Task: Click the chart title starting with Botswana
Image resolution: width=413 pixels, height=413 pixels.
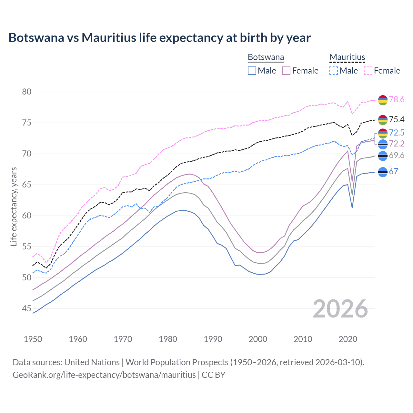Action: (159, 38)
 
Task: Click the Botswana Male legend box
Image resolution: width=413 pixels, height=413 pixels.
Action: (252, 71)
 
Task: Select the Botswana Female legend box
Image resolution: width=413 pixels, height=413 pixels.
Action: (286, 71)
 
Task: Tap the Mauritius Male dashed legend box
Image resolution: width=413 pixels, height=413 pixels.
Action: (334, 71)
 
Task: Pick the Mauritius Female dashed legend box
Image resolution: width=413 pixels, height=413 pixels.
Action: (368, 71)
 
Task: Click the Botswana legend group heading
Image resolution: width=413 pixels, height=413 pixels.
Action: (266, 57)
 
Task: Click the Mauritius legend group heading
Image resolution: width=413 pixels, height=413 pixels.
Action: (347, 57)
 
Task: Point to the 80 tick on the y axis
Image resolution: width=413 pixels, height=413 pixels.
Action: (27, 92)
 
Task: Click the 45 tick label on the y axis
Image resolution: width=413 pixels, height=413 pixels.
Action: (27, 309)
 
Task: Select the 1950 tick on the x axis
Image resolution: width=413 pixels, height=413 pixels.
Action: (33, 339)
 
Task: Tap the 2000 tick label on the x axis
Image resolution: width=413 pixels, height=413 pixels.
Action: (258, 339)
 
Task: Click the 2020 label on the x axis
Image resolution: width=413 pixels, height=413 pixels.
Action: (348, 339)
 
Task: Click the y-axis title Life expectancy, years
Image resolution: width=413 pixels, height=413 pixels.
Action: (14, 206)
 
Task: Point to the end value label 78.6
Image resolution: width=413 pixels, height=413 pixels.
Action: (397, 100)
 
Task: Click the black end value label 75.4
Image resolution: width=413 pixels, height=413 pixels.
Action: (397, 120)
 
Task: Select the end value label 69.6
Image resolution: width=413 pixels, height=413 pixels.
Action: (397, 156)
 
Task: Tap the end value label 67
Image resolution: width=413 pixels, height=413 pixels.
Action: (393, 171)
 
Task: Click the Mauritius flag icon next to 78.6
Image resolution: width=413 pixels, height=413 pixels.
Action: (383, 100)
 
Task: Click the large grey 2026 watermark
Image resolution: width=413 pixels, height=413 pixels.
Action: (340, 309)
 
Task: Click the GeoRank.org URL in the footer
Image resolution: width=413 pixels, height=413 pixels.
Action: (104, 375)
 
